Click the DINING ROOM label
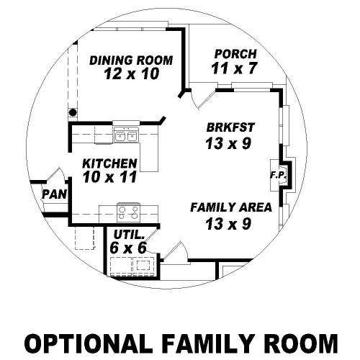coord(131,60)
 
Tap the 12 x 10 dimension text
coord(132,73)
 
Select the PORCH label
coord(235,54)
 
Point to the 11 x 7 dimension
coord(234,68)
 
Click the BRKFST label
coord(230,127)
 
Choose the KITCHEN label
coord(109,163)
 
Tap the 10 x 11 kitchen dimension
coord(109,177)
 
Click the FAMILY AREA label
coord(231,207)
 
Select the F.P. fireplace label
coord(278,175)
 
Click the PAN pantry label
coord(54,194)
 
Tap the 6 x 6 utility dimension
coord(128,248)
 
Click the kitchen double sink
coord(126,136)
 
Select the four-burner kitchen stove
coord(128,213)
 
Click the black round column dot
coord(73,112)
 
